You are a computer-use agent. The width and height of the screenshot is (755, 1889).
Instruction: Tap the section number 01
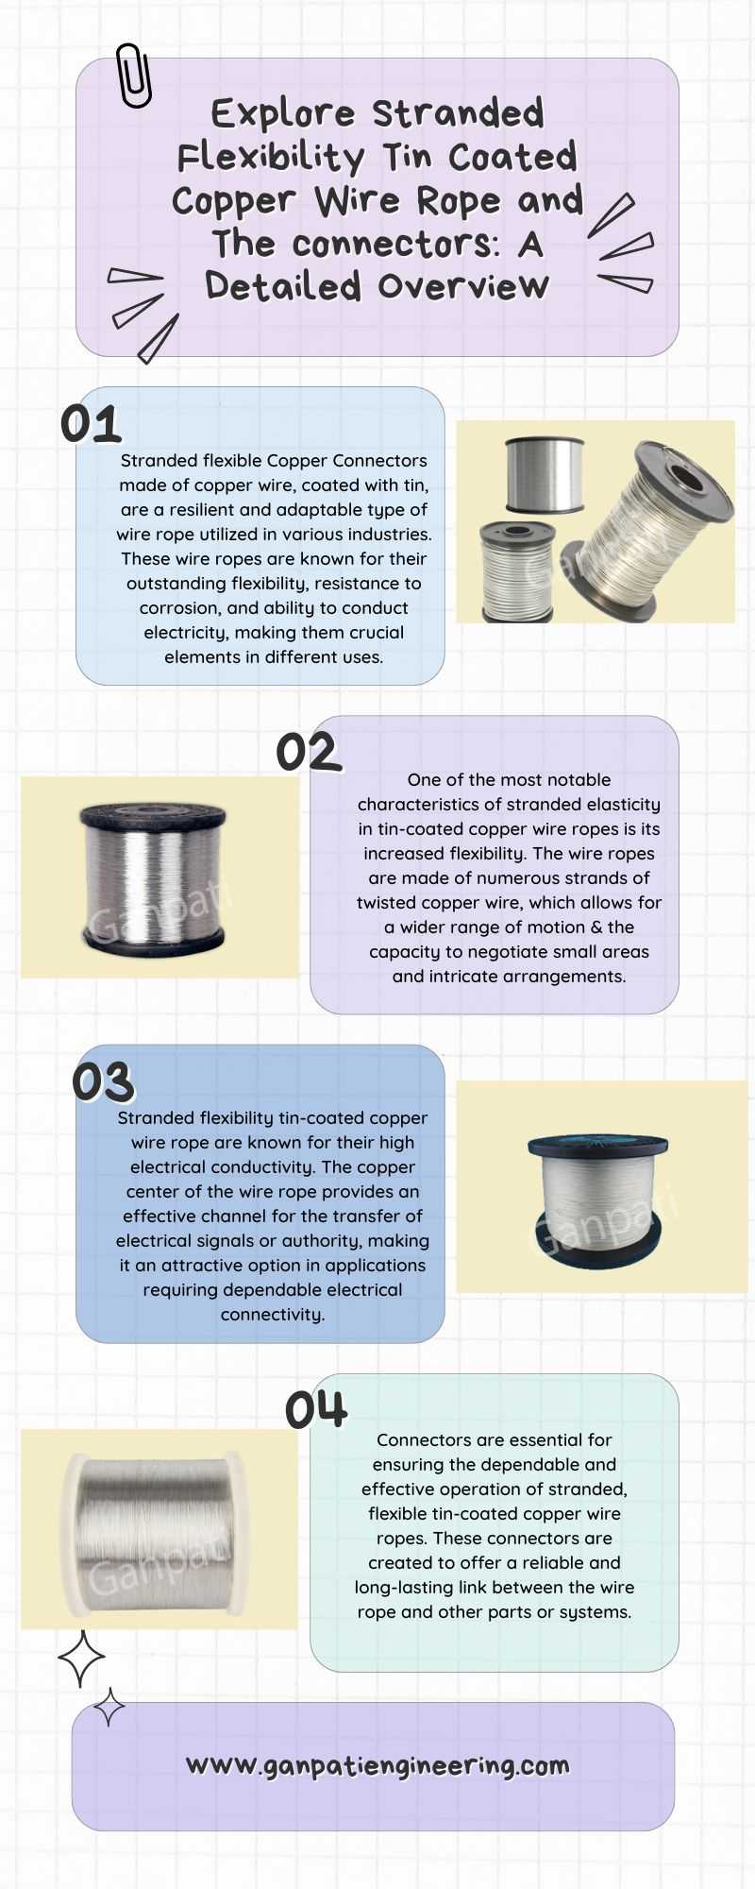pyautogui.click(x=91, y=424)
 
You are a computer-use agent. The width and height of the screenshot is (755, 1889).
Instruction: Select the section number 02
pyautogui.click(x=308, y=753)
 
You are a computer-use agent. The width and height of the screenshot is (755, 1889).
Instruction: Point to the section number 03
pyautogui.click(x=103, y=1082)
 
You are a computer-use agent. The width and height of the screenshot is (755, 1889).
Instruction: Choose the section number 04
pyautogui.click(x=316, y=1410)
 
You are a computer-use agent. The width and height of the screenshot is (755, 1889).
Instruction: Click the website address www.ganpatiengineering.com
pyautogui.click(x=377, y=1765)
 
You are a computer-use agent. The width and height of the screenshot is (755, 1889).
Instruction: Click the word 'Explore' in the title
pyautogui.click(x=283, y=114)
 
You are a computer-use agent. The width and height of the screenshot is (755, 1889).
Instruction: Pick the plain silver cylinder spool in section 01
pyautogui.click(x=544, y=476)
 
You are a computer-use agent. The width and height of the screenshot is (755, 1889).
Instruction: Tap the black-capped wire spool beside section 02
pyautogui.click(x=153, y=876)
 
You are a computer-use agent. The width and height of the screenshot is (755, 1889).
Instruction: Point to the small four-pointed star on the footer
pyautogui.click(x=109, y=1707)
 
